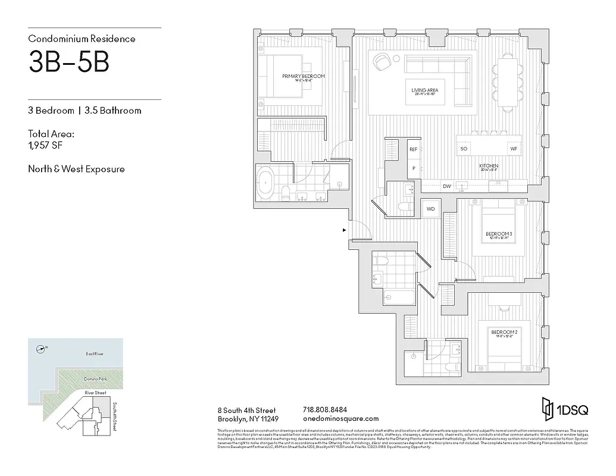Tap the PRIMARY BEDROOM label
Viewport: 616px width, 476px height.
point(304,77)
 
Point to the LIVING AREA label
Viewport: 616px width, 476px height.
point(424,90)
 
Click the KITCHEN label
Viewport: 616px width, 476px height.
point(489,166)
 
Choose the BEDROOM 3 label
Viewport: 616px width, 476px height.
point(499,234)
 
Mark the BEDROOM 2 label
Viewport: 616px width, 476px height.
point(503,332)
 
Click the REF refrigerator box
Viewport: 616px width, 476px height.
point(413,150)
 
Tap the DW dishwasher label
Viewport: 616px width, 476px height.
point(446,187)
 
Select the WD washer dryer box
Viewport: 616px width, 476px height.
point(430,209)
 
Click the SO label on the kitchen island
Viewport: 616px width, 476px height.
point(464,148)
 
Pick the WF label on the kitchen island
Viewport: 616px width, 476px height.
point(513,148)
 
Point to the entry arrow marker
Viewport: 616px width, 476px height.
point(344,230)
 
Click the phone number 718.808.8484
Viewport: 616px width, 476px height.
point(325,410)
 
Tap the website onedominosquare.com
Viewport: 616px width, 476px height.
point(340,419)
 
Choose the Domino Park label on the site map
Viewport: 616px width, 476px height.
point(94,379)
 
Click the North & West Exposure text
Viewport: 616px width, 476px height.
point(76,169)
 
